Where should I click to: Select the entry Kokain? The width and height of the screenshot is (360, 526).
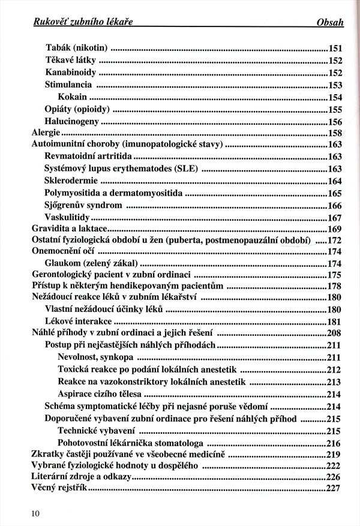click(73, 97)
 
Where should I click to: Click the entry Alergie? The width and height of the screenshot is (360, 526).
click(46, 133)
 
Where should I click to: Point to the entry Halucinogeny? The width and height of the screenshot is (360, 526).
click(72, 121)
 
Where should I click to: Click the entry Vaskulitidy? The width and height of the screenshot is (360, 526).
click(68, 217)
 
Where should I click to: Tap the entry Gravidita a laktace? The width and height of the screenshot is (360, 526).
click(70, 229)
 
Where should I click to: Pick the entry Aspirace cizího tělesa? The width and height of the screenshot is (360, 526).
click(100, 393)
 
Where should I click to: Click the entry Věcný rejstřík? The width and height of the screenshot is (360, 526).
click(59, 489)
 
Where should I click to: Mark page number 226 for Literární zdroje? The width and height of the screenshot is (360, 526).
click(334, 477)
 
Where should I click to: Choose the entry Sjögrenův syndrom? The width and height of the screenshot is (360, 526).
click(83, 205)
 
